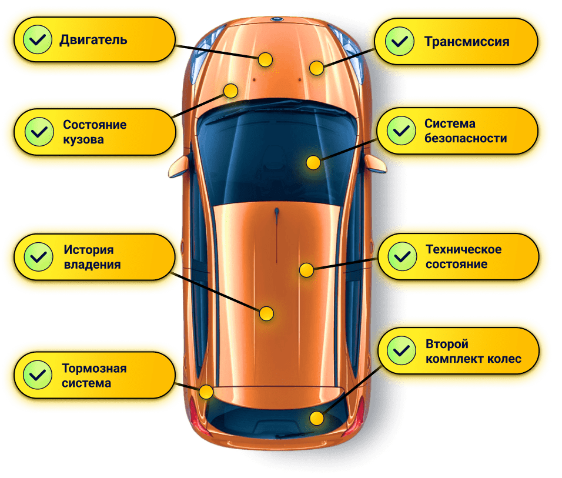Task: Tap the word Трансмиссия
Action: coord(467,42)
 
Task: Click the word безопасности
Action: coord(466,139)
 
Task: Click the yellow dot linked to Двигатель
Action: coord(266,59)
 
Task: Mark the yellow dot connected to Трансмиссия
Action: coord(317,68)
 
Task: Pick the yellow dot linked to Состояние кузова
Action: coord(230,91)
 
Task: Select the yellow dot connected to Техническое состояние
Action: coord(306,270)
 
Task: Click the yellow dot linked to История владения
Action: coord(266,313)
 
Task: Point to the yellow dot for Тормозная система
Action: coord(206,392)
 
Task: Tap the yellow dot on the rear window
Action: coord(317,419)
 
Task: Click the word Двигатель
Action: coord(93,40)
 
